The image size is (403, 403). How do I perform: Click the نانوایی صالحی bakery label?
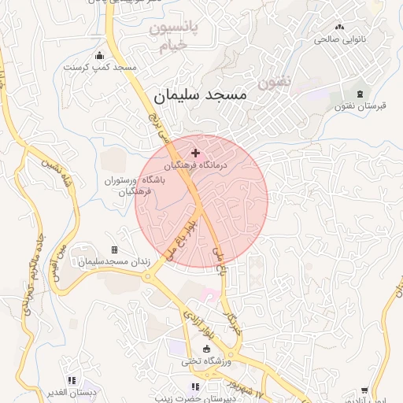pos(337,39)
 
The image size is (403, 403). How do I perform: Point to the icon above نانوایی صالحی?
pos(339,27)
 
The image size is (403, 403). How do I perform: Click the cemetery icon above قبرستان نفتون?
pos(360,94)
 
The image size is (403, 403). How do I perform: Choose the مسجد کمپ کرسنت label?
pos(100,68)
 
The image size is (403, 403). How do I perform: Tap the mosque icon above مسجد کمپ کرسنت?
pos(99,56)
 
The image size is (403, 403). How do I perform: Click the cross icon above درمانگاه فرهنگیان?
pos(196,151)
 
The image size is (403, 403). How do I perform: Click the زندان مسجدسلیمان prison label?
pos(113,261)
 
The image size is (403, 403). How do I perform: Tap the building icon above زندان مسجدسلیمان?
pos(114,250)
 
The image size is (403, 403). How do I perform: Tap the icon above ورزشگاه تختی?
pos(206,349)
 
